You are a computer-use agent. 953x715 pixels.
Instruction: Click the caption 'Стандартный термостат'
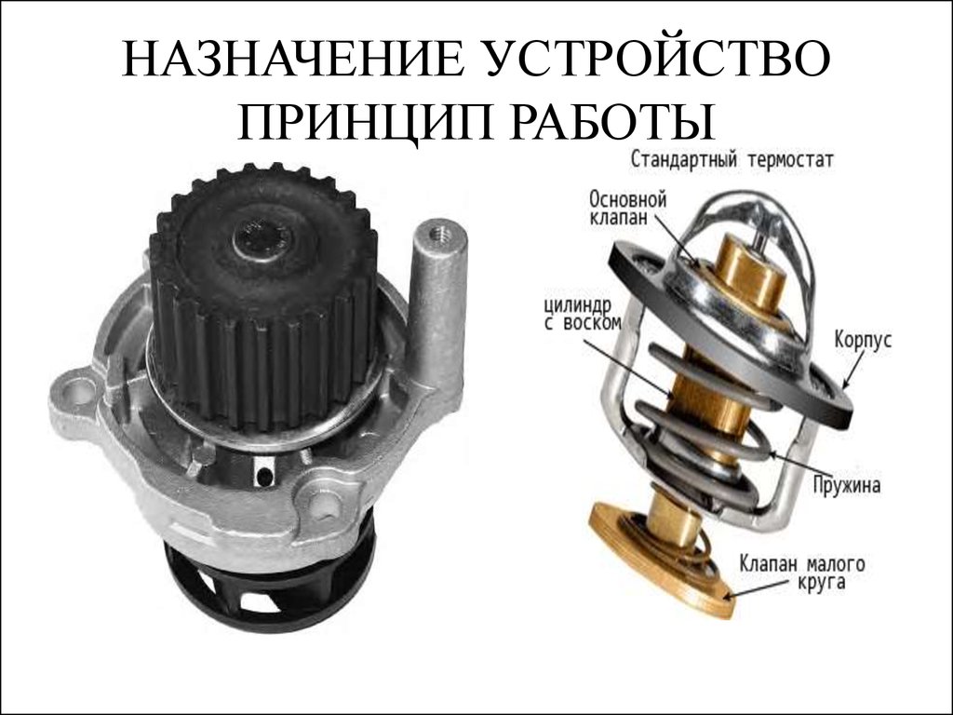tap(732, 160)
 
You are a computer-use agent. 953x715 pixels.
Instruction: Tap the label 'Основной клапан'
tap(628, 208)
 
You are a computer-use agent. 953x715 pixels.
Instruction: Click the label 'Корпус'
tap(863, 339)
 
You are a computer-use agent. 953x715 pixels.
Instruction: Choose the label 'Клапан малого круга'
tap(801, 572)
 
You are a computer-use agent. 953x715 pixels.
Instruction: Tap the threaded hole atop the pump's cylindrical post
tap(437, 234)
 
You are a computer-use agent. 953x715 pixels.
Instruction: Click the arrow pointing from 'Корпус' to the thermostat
tap(854, 368)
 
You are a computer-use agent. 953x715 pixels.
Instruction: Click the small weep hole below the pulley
tap(264, 476)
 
